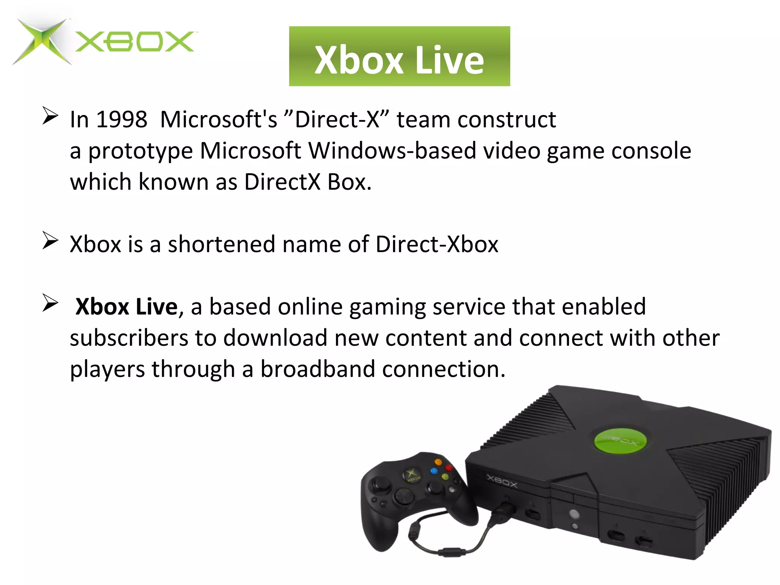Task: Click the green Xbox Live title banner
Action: [x=399, y=56]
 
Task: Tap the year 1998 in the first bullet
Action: [x=121, y=120]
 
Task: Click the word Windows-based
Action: [x=392, y=151]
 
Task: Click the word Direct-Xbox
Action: [x=437, y=244]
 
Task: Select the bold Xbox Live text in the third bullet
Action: [x=126, y=307]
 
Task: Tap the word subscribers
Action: [x=129, y=338]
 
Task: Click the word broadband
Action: [x=318, y=369]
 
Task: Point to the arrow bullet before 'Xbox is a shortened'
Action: [x=50, y=240]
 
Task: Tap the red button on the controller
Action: [x=449, y=468]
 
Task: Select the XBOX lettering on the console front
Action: [x=502, y=481]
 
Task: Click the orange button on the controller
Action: [x=438, y=462]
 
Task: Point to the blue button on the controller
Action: [x=433, y=471]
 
